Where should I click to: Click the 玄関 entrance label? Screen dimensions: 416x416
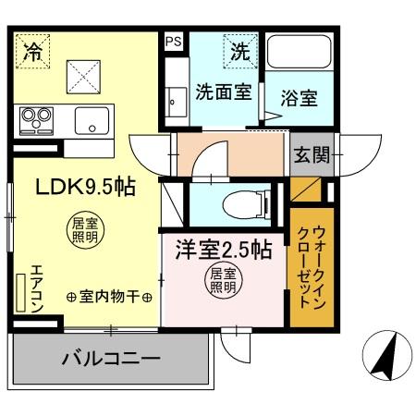click(x=312, y=155)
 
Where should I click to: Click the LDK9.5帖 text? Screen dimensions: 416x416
click(x=86, y=187)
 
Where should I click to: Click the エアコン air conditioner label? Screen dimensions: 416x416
click(x=36, y=288)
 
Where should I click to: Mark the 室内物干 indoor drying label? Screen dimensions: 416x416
click(x=109, y=297)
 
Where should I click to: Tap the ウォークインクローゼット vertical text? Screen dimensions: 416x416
click(x=306, y=268)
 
